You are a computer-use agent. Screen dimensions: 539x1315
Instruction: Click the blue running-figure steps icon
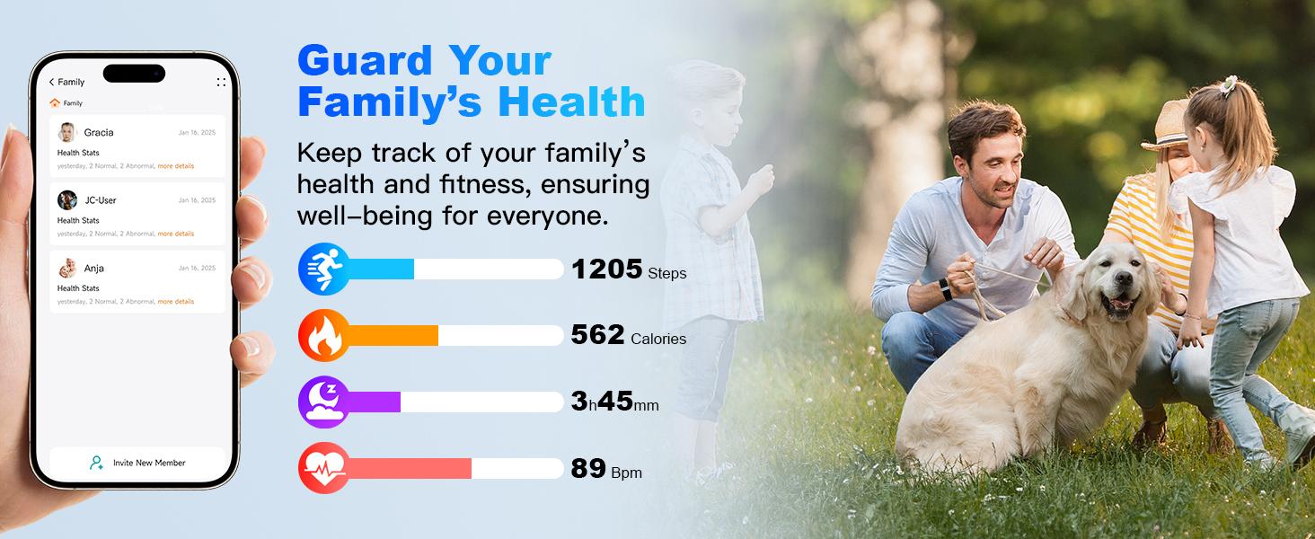click(323, 268)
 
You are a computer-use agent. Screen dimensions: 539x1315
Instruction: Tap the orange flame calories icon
click(323, 335)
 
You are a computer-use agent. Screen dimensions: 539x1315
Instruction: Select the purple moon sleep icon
click(323, 402)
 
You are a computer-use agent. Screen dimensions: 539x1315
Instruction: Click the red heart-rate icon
click(323, 468)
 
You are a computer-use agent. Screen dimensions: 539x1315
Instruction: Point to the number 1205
click(606, 269)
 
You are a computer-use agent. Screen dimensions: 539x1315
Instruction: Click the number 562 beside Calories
click(597, 335)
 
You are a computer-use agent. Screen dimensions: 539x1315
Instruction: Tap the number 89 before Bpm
click(588, 469)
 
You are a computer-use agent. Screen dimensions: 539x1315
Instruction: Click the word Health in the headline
click(571, 102)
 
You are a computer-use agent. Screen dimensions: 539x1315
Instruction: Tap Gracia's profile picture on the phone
click(67, 132)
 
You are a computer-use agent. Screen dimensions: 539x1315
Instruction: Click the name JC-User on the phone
click(100, 200)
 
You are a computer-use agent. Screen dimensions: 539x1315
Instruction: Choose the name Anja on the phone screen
click(94, 268)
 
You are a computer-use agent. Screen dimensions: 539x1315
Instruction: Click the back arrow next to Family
click(52, 83)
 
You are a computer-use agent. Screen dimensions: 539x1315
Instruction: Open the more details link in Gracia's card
click(176, 166)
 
